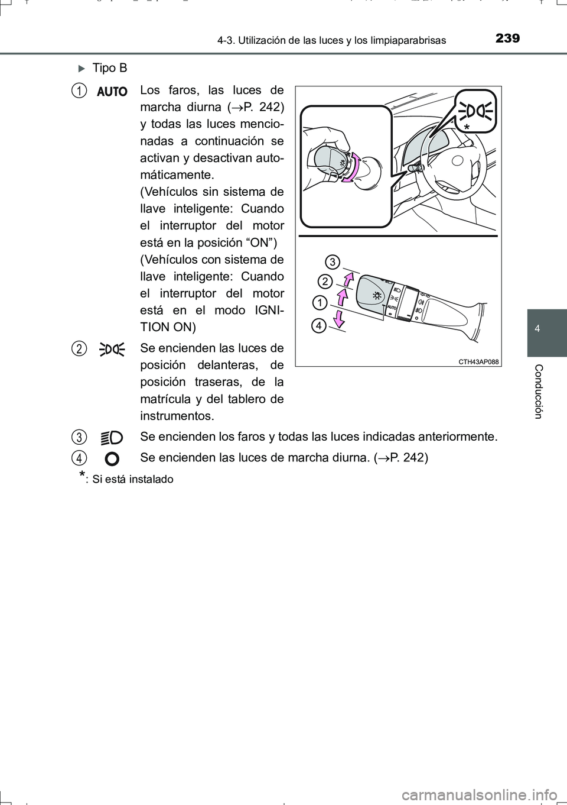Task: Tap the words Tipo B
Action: [109, 68]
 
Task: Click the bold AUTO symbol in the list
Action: [112, 92]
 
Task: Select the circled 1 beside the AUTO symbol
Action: [77, 90]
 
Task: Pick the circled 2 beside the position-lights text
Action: [77, 348]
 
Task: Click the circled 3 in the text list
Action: [77, 437]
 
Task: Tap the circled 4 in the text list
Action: [77, 458]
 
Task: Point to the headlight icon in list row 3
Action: [112, 438]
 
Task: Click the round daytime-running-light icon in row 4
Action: [113, 458]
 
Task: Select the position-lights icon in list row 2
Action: [112, 349]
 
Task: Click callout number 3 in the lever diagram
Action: [333, 261]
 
